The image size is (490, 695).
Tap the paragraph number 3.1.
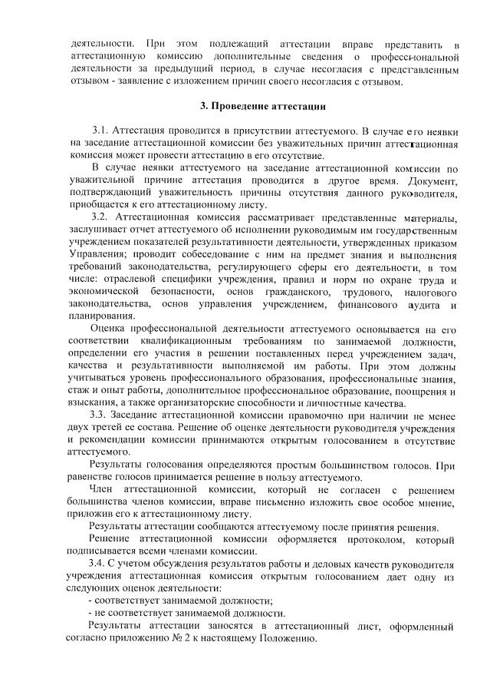tap(102, 131)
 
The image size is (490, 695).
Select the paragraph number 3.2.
tap(102, 217)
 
